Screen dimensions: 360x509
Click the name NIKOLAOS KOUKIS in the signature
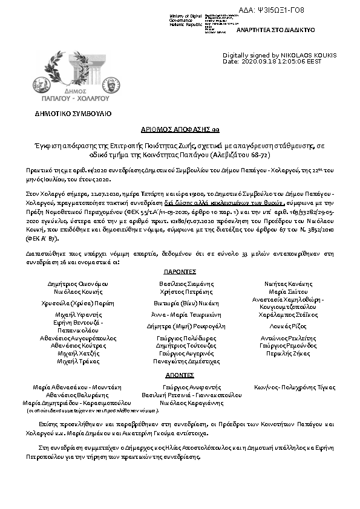(x=308, y=55)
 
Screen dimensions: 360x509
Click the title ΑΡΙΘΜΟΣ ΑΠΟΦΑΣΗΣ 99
(x=179, y=129)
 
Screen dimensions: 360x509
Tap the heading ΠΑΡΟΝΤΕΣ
(x=180, y=273)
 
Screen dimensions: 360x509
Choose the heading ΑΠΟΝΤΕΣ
(x=180, y=375)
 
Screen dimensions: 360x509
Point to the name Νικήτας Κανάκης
(x=288, y=284)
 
